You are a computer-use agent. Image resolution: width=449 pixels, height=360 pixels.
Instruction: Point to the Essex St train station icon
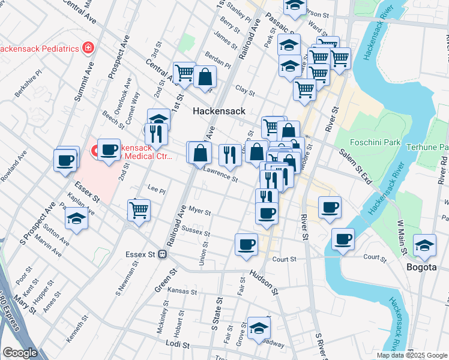click(162, 254)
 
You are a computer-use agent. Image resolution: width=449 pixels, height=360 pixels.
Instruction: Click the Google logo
click(20, 353)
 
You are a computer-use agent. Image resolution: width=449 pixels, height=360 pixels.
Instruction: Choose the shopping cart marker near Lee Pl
click(139, 210)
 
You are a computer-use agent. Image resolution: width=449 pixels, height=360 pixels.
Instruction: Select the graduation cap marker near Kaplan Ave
click(76, 219)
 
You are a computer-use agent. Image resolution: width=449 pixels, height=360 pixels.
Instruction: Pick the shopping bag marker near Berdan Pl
click(205, 76)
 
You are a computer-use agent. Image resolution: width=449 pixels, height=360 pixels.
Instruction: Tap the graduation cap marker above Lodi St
click(259, 328)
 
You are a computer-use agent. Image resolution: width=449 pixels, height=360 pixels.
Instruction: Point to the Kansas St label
click(182, 290)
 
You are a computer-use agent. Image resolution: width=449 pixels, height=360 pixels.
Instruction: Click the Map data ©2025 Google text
click(412, 355)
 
